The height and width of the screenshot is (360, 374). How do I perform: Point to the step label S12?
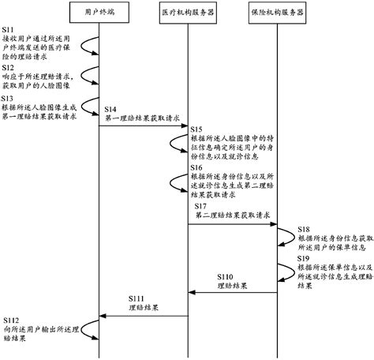[13, 68]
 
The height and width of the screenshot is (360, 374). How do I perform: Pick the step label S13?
[13, 98]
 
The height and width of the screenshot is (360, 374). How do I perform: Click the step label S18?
[304, 228]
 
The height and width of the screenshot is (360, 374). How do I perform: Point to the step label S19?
[304, 259]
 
